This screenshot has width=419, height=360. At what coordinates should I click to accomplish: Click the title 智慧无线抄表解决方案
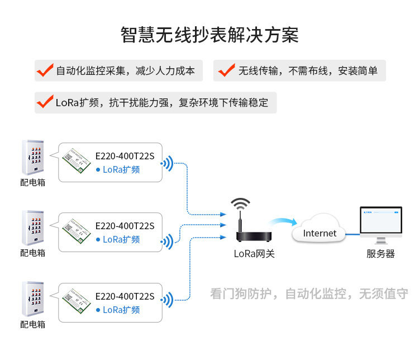coord(209,35)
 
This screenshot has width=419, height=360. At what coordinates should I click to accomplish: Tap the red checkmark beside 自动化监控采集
coord(45,71)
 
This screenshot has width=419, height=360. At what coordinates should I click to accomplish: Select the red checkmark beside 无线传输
coord(226,71)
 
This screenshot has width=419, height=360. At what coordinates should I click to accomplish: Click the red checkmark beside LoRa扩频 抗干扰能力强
coord(45,102)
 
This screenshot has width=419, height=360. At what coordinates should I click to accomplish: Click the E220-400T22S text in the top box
coord(125,156)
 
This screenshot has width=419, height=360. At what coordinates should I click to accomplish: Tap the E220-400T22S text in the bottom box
coord(125,296)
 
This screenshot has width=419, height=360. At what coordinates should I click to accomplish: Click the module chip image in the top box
coord(75,159)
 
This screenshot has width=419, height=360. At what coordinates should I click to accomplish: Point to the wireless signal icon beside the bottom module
coord(167,300)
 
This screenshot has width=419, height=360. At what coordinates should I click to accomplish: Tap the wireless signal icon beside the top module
coord(167,164)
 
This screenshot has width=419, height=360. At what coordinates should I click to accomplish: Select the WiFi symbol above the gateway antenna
coord(241,202)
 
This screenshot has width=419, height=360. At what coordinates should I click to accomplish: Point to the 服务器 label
coord(380,254)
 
